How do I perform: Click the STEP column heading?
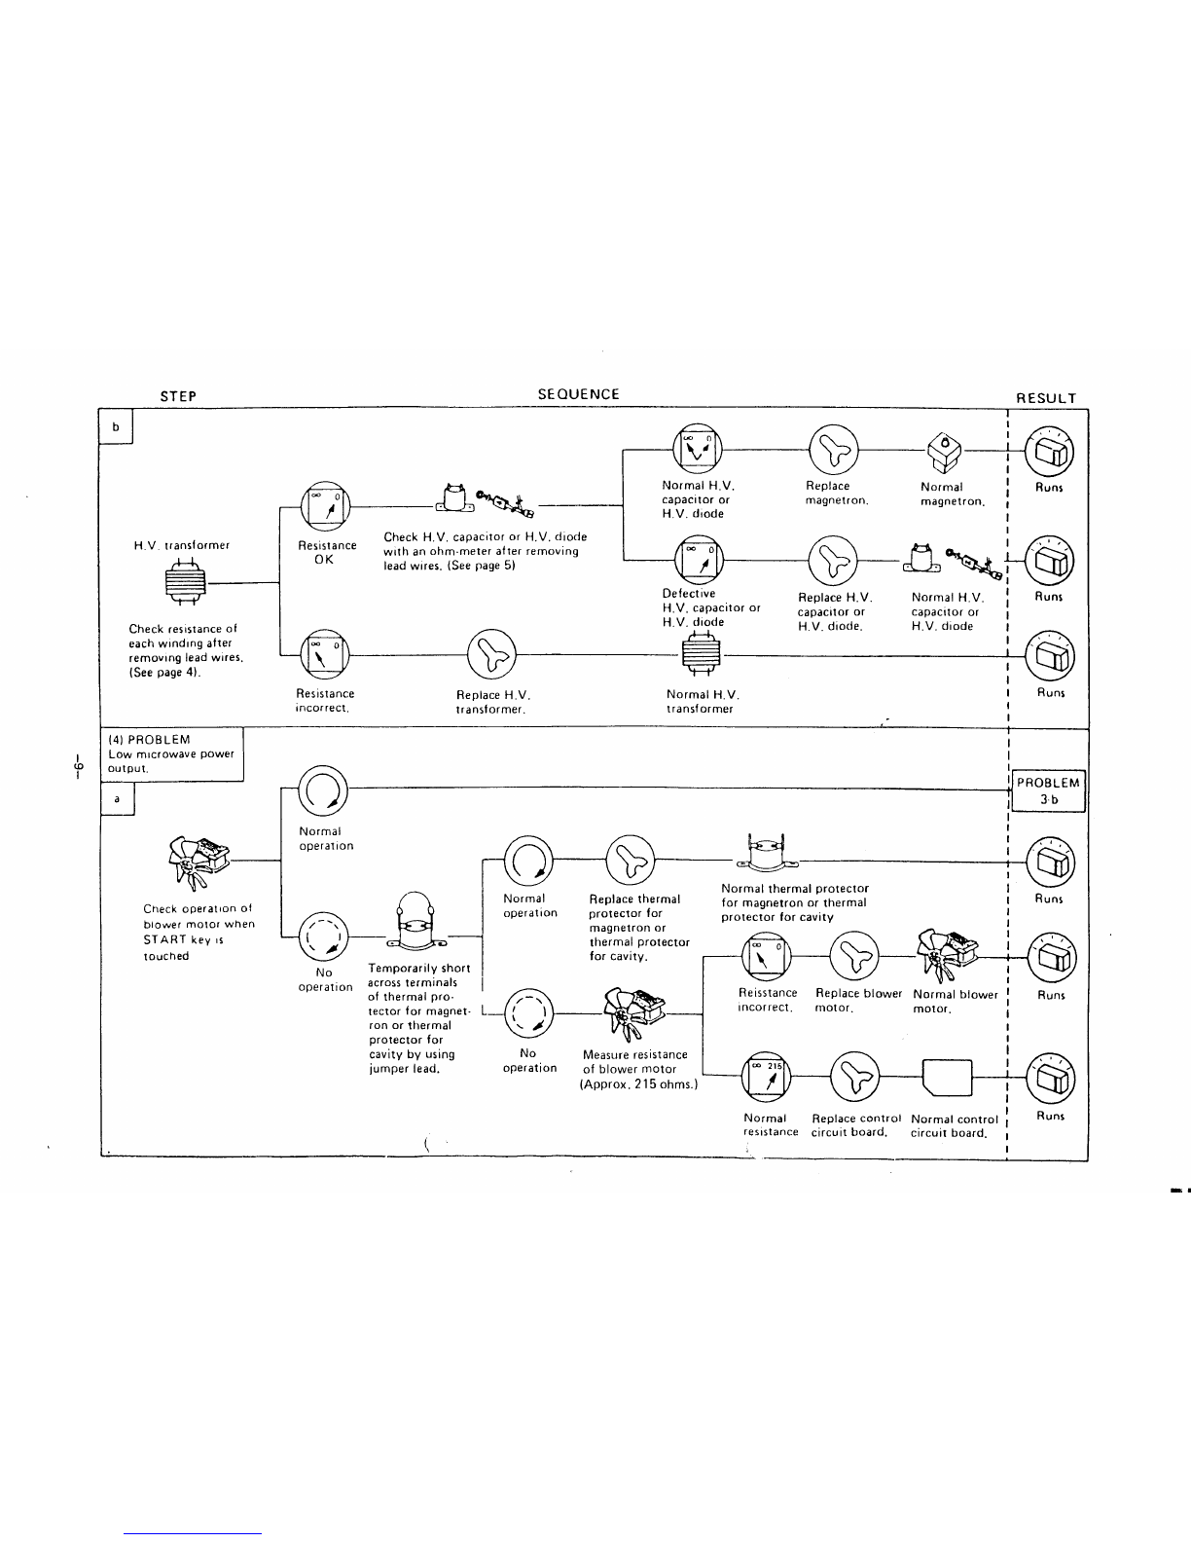tap(178, 396)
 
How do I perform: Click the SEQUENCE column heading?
tap(578, 394)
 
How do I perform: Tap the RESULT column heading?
tap(1046, 398)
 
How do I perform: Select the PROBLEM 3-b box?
tap(1048, 790)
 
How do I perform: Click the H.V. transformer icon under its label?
tap(185, 582)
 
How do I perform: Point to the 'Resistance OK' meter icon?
tap(326, 506)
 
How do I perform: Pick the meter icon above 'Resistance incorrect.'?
tap(325, 653)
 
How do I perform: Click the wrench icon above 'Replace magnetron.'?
tap(834, 449)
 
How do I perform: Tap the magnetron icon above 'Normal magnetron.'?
tap(945, 453)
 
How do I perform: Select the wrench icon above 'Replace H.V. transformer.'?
tap(491, 653)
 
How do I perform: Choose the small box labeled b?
tap(116, 427)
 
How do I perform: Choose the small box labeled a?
tap(117, 799)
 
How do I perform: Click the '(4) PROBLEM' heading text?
tap(149, 740)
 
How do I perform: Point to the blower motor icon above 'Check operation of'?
tap(198, 860)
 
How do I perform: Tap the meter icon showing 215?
tap(766, 1076)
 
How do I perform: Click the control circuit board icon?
tap(947, 1078)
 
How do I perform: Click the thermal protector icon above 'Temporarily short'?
tap(415, 921)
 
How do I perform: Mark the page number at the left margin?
tap(79, 767)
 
